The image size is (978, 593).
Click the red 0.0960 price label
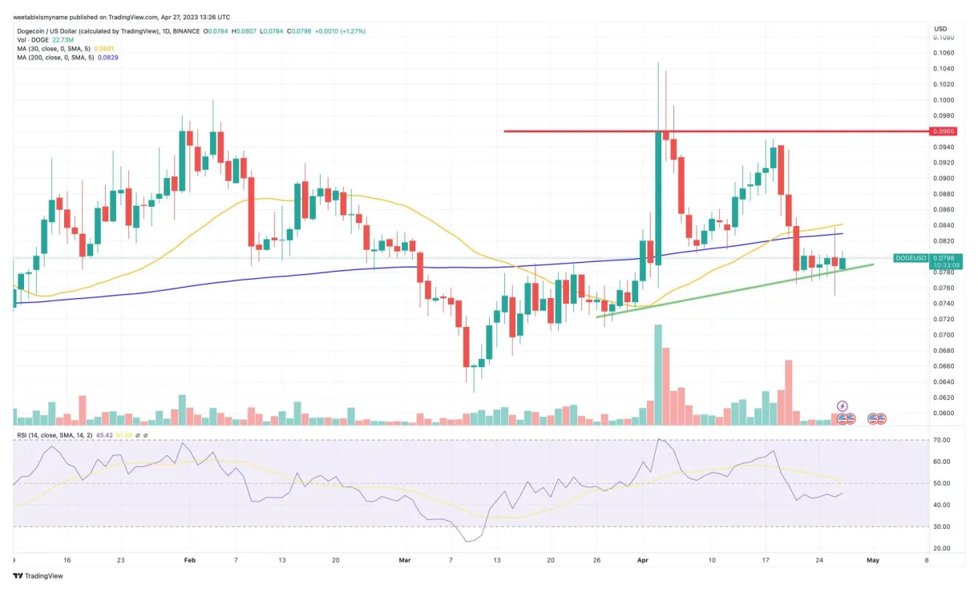944,131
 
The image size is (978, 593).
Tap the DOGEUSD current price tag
944,258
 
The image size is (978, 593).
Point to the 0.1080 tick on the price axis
944,37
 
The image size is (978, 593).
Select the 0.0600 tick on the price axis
944,413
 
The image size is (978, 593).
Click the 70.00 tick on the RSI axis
942,441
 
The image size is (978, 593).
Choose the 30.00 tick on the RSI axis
942,526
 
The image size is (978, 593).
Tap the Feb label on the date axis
189,561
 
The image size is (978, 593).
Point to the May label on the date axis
873,561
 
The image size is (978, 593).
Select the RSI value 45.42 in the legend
104,435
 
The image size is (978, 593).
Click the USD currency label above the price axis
940,28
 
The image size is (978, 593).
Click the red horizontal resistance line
713,131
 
